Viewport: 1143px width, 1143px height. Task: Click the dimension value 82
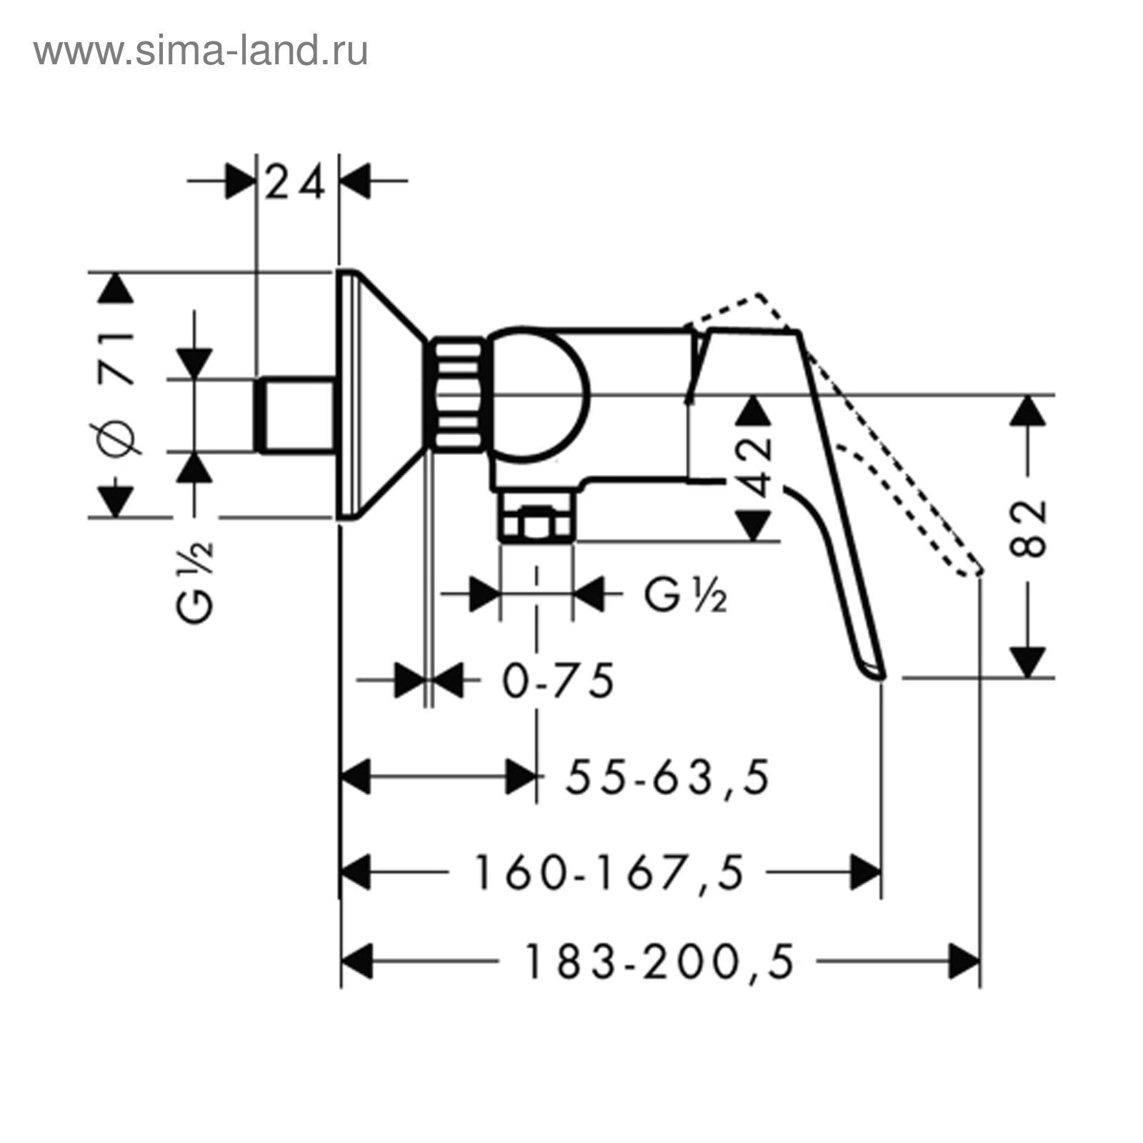tap(1029, 527)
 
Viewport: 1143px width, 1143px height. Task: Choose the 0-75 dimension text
tap(558, 680)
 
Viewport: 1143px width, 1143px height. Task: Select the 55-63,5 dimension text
tap(667, 777)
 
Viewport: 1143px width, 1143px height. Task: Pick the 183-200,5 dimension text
tap(659, 962)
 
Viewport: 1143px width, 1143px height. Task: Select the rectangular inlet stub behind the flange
tap(296, 415)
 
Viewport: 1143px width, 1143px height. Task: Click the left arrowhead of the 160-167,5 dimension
tap(357, 872)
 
